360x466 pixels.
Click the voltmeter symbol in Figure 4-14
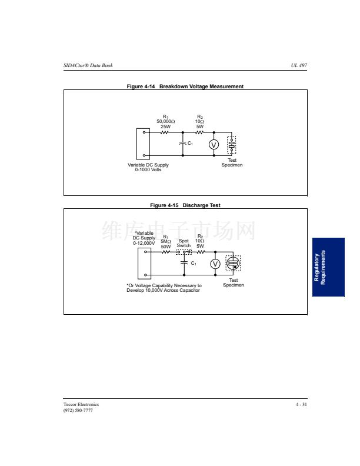click(214, 145)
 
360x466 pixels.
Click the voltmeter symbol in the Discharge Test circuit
click(215, 264)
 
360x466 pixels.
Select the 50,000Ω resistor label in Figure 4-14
click(166, 122)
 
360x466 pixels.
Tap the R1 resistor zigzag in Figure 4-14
click(164, 132)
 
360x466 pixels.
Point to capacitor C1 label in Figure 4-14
click(190, 143)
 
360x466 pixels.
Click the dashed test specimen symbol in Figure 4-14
click(232, 145)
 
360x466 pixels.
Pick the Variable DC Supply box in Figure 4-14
click(143, 144)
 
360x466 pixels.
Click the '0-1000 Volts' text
click(148, 169)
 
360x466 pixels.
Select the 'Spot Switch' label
click(184, 243)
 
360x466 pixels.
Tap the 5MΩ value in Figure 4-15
click(166, 242)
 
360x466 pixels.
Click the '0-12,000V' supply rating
click(144, 243)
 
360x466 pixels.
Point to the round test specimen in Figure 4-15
click(233, 264)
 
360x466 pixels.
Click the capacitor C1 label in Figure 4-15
click(194, 264)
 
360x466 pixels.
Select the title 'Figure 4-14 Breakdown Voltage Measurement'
click(185, 86)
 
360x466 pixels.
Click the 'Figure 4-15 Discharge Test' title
click(185, 205)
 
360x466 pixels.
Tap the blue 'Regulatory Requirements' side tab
click(328, 267)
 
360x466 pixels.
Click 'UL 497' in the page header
click(299, 65)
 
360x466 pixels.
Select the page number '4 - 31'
click(301, 404)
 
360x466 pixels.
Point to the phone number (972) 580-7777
click(78, 411)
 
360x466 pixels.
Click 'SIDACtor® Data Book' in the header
click(88, 65)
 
